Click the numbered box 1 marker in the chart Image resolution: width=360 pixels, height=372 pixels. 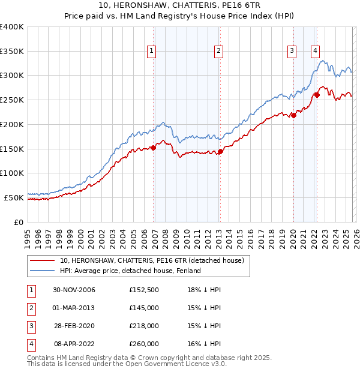coord(152,52)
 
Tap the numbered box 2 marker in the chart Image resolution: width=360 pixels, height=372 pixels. coord(219,52)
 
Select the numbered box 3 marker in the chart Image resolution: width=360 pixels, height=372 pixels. coord(292,52)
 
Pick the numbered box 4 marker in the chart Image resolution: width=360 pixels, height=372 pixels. coord(315,52)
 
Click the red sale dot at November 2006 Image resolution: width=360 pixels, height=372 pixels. coord(154,147)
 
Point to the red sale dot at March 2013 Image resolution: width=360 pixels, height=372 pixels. coord(220,151)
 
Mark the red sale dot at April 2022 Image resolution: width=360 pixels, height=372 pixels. coord(317,94)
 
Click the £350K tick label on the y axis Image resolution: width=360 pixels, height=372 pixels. coord(12,52)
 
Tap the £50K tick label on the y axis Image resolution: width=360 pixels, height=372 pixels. coord(14,197)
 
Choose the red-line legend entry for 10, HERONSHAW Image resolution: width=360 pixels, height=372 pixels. coord(152,261)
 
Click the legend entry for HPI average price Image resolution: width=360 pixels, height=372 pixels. coord(130,271)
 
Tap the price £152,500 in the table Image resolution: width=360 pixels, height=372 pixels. coord(143,290)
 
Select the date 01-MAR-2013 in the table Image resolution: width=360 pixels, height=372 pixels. coord(74,308)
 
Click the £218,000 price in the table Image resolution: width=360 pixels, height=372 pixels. coord(143,326)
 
